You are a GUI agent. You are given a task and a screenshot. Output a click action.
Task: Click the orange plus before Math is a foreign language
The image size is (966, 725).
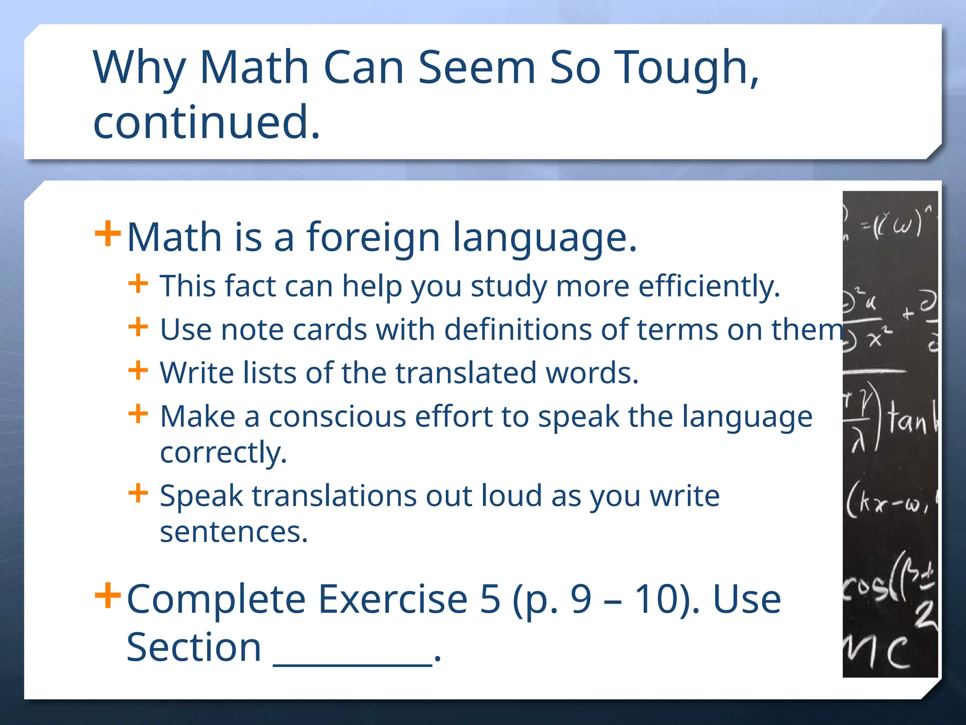click(108, 234)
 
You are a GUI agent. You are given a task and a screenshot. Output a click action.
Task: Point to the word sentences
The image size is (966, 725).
click(233, 532)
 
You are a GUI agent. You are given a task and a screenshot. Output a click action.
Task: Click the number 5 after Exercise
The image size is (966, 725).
click(490, 599)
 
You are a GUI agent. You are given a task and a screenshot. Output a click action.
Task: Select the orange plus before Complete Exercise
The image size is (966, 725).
click(108, 596)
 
